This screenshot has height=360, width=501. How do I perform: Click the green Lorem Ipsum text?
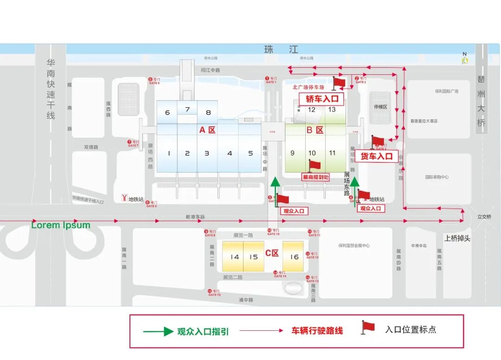[x=61, y=225]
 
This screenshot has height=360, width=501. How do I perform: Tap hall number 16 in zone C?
[x=295, y=257]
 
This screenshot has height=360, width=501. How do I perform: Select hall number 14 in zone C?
[x=235, y=257]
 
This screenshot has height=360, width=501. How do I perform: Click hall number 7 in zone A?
[x=187, y=109]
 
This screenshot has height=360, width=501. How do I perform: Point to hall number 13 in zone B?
[x=332, y=109]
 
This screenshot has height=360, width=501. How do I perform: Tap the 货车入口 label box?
[x=377, y=156]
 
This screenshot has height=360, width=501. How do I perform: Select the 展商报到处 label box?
[x=315, y=177]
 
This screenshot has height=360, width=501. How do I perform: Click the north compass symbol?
[x=465, y=59]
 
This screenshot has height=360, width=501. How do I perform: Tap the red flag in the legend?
[x=368, y=327]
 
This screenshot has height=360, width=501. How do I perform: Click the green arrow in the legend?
[x=158, y=331]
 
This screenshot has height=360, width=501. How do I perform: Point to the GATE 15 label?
[x=214, y=293]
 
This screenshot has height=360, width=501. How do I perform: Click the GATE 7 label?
[x=133, y=144]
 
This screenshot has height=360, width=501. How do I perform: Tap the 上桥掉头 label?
[x=457, y=238]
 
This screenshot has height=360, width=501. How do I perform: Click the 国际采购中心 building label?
[x=437, y=177]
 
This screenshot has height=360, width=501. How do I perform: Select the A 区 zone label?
[x=207, y=130]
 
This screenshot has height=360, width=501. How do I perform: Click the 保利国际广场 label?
[x=446, y=91]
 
